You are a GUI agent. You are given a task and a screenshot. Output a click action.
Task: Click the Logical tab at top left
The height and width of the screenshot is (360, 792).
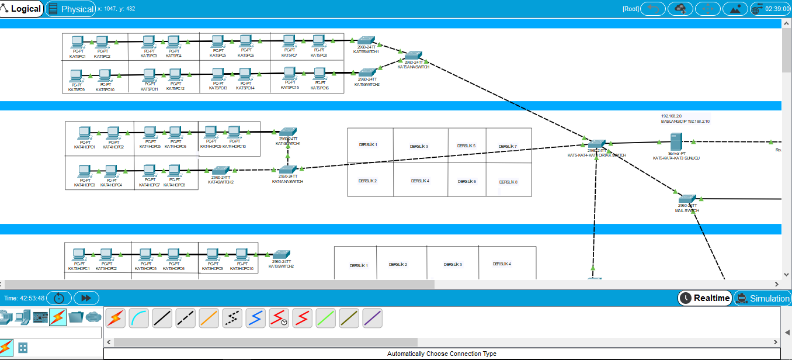[22, 9]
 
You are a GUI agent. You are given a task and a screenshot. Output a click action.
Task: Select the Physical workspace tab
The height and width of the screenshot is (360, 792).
[71, 9]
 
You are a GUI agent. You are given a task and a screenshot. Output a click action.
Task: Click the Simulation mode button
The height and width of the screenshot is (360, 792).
[763, 298]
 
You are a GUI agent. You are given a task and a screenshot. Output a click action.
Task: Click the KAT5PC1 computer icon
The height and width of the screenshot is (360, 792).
[77, 42]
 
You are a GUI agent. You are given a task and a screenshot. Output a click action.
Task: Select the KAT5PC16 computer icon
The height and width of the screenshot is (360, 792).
[319, 74]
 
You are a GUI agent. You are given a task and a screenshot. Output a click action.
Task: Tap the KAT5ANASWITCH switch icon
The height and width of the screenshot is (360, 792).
[413, 56]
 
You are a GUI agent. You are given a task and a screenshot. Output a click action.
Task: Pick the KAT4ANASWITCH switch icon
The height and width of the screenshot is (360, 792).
[287, 169]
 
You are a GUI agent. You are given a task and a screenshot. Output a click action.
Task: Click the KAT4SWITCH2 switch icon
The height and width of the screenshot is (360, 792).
[220, 171]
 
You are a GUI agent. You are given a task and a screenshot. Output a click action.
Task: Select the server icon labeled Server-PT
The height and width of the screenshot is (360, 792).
[676, 141]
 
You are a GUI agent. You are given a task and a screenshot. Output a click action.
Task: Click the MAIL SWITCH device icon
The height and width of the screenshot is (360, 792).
[687, 199]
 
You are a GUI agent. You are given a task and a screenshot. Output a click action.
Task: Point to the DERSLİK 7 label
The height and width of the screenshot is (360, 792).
[508, 146]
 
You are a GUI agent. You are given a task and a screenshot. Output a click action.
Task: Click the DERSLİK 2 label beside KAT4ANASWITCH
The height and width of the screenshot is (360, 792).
[367, 181]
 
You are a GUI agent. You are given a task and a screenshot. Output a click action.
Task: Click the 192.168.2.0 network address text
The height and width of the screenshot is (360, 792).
[671, 116]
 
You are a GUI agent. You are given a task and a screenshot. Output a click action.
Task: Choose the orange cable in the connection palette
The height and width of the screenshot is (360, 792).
[209, 317]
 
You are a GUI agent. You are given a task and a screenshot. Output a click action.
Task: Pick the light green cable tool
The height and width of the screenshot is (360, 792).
[325, 317]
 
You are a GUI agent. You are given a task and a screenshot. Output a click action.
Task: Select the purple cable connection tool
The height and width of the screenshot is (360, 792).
[372, 317]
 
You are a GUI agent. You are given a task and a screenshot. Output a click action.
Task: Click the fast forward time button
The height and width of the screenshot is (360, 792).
[86, 298]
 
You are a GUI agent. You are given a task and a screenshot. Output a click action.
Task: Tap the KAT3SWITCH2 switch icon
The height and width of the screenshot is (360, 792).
[279, 255]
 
